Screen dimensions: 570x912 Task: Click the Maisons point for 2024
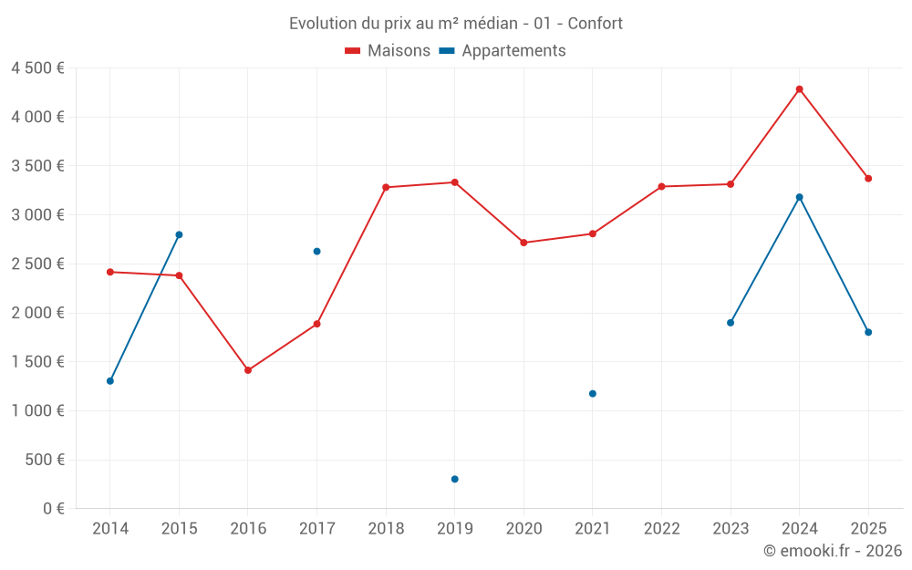tap(799, 89)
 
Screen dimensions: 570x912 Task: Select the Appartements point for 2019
tap(454, 479)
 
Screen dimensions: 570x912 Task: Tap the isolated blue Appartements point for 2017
tap(316, 252)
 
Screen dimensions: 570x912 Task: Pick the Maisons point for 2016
tap(248, 370)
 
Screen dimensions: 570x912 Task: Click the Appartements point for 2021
tap(592, 394)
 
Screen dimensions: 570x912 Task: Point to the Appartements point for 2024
tap(799, 197)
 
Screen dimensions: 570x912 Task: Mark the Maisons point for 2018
tap(386, 187)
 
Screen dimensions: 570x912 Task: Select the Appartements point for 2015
tap(179, 234)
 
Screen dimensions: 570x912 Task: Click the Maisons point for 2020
tap(523, 243)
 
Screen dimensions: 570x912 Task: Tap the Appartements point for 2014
tap(110, 381)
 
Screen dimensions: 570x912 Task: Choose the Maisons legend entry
tap(388, 51)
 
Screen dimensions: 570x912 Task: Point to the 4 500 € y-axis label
tap(37, 68)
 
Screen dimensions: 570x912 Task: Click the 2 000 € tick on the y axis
tap(37, 313)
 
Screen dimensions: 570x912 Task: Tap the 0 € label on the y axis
tap(54, 508)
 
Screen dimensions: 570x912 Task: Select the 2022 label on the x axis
tap(661, 529)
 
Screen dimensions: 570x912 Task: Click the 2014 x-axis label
tap(110, 529)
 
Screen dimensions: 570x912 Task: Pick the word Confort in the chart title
tap(595, 24)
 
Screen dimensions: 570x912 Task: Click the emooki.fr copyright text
tap(832, 551)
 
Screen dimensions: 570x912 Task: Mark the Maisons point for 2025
tap(868, 179)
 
